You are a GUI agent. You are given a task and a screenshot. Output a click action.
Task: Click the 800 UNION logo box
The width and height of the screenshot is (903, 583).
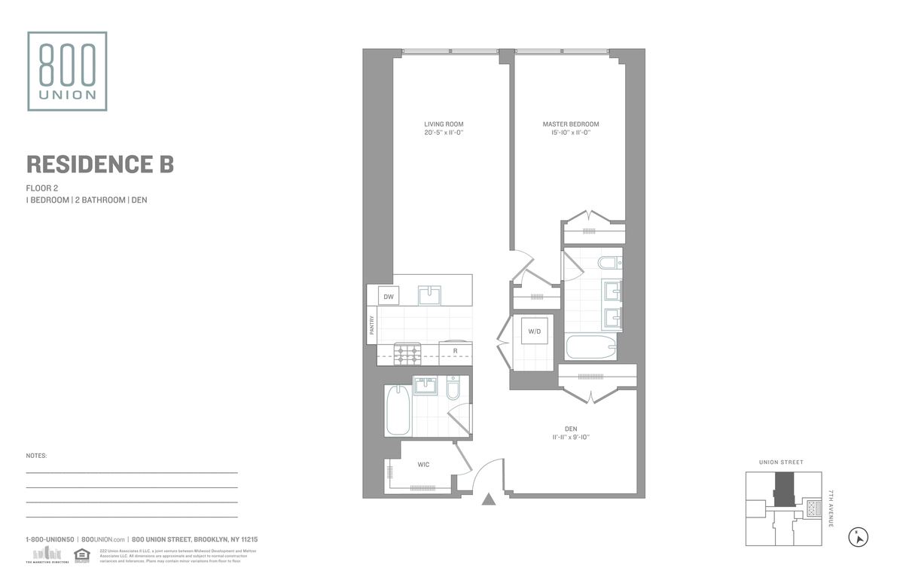coord(67,71)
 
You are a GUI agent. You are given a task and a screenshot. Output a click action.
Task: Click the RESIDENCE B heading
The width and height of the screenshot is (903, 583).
coord(100,164)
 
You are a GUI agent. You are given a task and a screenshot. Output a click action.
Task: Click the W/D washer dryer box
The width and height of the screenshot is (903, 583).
coord(535,331)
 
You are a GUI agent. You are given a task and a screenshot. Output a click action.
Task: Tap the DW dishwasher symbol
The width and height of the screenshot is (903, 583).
coord(389,298)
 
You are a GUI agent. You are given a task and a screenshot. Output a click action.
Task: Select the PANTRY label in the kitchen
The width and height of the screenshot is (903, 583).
coord(372,325)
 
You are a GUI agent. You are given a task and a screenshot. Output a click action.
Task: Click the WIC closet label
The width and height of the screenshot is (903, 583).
coord(423,465)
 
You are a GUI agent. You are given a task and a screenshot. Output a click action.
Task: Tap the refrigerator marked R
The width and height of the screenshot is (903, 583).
coord(455,352)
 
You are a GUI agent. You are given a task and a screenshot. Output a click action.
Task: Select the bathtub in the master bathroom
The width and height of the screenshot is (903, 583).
coord(591,348)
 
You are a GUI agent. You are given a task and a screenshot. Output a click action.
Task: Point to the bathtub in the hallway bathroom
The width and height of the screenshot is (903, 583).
coord(397,411)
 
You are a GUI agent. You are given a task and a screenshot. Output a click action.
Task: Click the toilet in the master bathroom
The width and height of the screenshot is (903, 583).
coord(607,264)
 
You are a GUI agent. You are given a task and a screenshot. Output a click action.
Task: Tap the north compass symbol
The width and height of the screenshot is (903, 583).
coord(858,537)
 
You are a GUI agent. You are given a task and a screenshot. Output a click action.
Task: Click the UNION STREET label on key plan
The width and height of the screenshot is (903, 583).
coord(781,462)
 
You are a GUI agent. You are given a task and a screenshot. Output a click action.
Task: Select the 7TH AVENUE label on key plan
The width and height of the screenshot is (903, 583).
coord(831,508)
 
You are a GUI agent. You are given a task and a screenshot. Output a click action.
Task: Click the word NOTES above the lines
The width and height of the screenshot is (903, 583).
coord(36,456)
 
